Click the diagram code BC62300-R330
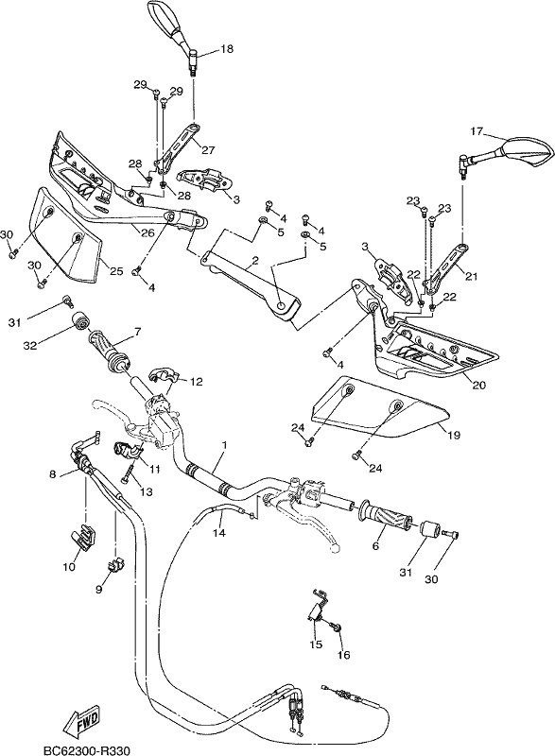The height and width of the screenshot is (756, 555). pyautogui.click(x=86, y=750)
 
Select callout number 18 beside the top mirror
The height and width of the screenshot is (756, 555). pyautogui.click(x=227, y=48)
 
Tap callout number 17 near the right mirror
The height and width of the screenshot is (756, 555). pyautogui.click(x=477, y=130)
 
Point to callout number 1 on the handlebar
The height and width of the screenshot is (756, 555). pyautogui.click(x=224, y=444)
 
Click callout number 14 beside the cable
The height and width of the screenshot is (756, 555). pyautogui.click(x=220, y=533)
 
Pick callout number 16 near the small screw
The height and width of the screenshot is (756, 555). pyautogui.click(x=344, y=655)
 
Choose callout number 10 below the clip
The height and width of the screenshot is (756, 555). pyautogui.click(x=69, y=567)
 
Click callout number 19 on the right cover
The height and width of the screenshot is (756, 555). pyautogui.click(x=454, y=435)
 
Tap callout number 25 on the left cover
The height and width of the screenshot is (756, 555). pyautogui.click(x=116, y=271)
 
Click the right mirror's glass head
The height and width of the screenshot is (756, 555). pyautogui.click(x=526, y=151)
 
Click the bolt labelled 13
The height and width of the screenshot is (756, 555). pyautogui.click(x=127, y=471)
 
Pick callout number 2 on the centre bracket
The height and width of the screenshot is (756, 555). pyautogui.click(x=255, y=261)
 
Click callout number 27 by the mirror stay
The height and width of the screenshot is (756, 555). pyautogui.click(x=208, y=150)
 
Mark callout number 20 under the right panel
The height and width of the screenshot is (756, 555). pyautogui.click(x=479, y=385)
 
